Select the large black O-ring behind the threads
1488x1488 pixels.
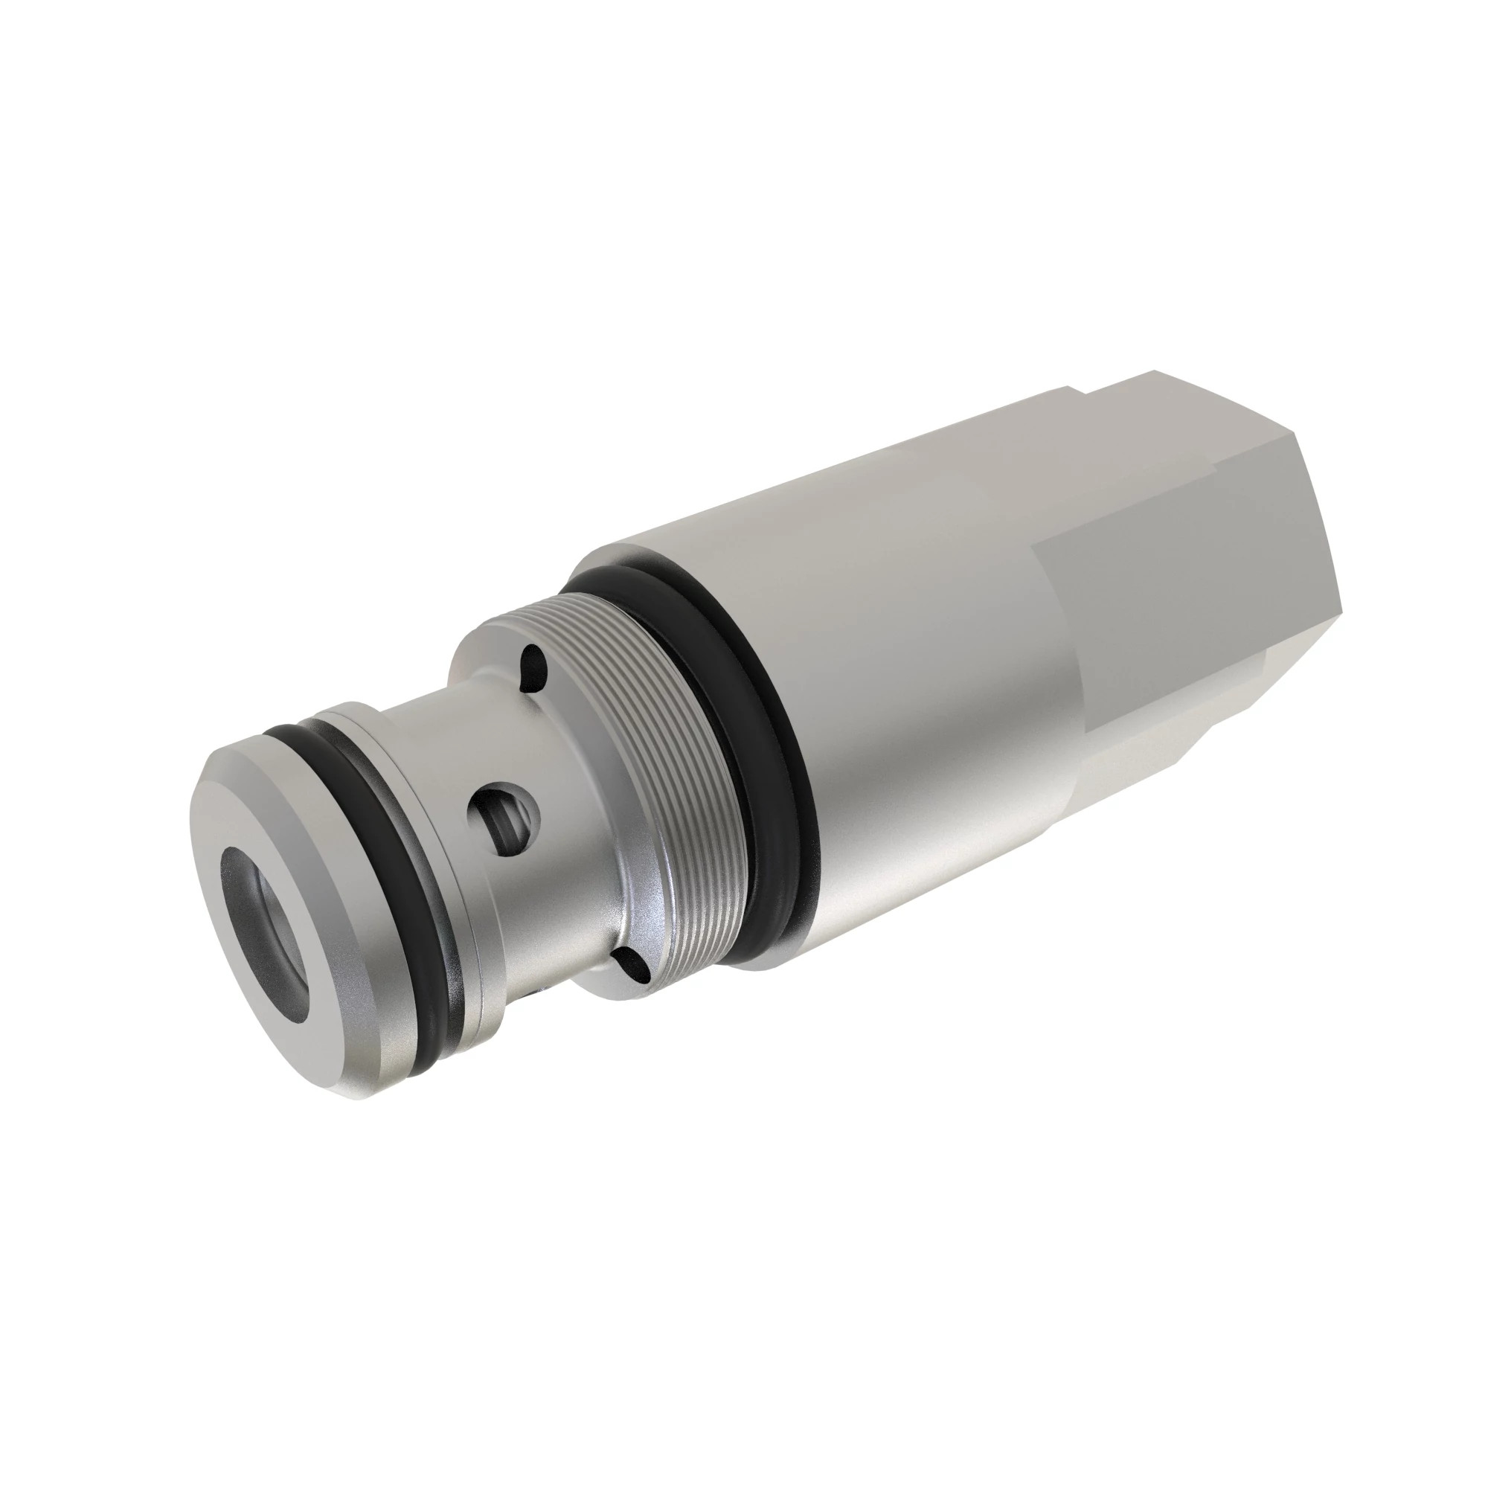pos(778,778)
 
